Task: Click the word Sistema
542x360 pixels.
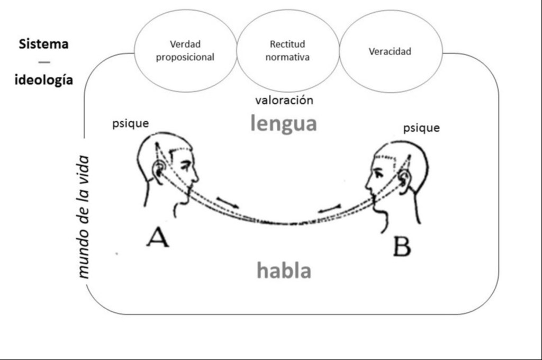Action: [43, 44]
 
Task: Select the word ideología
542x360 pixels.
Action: [43, 80]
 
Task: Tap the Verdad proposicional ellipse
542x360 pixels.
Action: [185, 51]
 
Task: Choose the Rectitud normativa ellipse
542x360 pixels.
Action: [287, 51]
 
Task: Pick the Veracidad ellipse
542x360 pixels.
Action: [390, 51]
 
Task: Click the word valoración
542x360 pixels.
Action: [284, 100]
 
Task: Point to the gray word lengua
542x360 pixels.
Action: [284, 124]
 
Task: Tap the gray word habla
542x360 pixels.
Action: [284, 271]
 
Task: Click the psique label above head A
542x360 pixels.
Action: [130, 124]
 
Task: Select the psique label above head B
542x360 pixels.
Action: [421, 128]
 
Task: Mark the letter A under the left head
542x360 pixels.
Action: [158, 237]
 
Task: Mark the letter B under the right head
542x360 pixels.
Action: [402, 246]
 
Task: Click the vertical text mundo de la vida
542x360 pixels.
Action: [84, 217]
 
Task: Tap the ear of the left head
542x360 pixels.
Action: [158, 169]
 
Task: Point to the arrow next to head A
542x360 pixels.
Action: [227, 202]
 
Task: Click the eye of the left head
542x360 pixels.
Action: [185, 165]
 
